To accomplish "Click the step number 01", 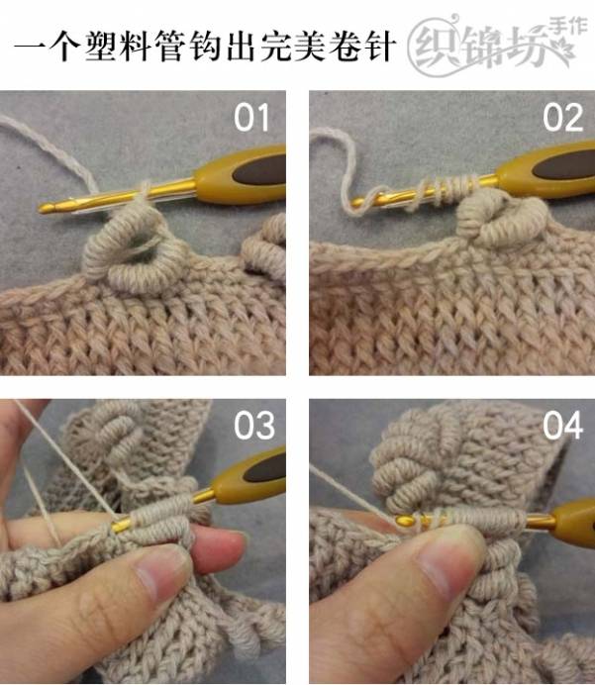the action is pos(251,118).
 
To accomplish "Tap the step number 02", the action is pos(562,118).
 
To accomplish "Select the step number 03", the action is pos(254,425).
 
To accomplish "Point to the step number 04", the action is pos(562,425).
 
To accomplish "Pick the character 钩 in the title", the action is pos(206,46).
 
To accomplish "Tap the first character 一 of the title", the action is pos(31,46).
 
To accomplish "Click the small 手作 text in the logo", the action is pos(567,27).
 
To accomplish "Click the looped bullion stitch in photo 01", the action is pos(136,249).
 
